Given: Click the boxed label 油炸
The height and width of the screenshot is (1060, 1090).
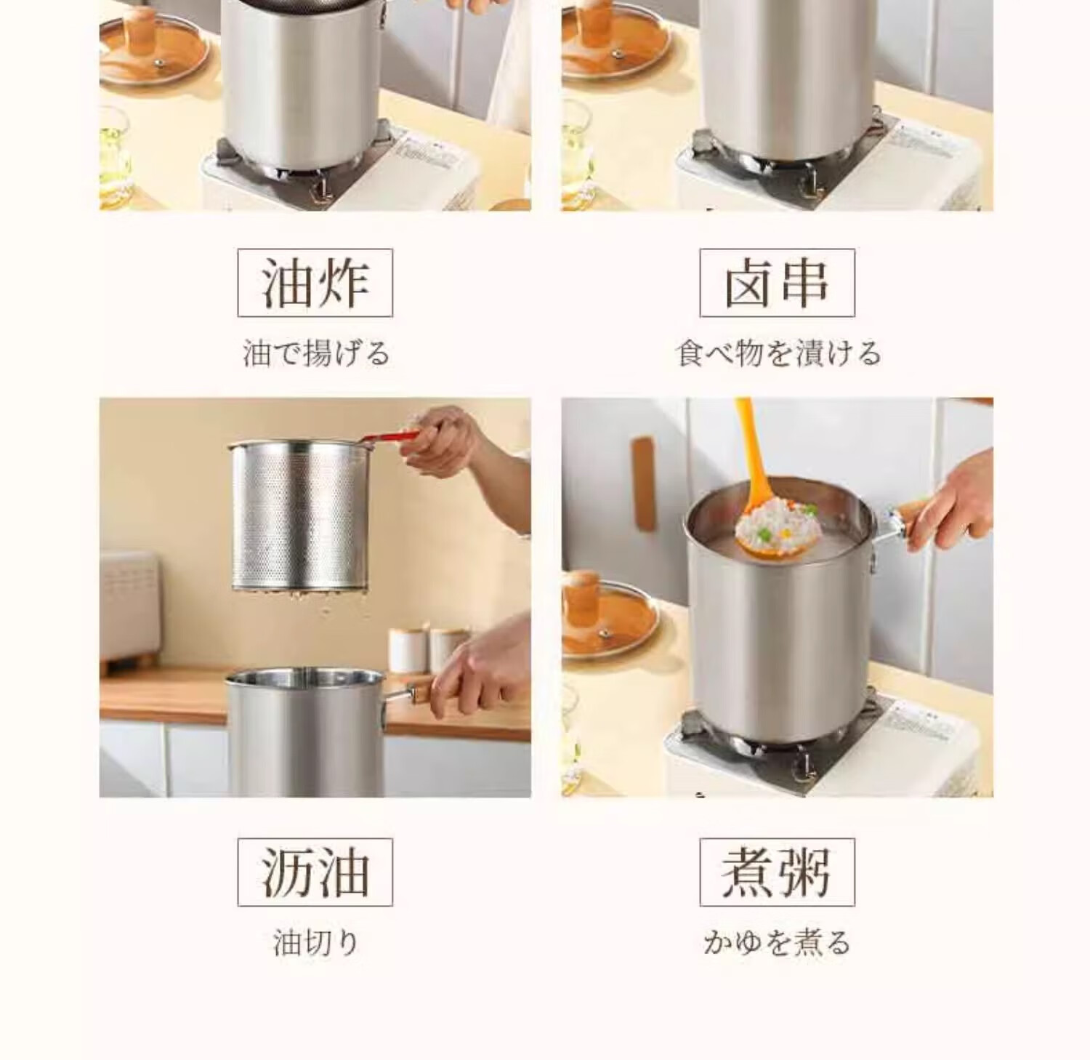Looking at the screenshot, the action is point(315,283).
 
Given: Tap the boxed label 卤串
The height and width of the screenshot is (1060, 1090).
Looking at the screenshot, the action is point(777,283).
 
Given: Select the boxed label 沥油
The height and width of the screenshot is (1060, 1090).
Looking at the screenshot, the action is point(315,872).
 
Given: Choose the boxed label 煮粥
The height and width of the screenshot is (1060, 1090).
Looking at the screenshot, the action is point(777,872).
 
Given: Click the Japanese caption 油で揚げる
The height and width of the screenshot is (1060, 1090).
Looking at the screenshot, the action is point(316,354).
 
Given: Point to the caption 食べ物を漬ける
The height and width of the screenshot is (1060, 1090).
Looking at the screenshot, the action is point(778,354).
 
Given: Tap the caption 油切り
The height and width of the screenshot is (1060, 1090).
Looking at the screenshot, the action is point(316,943).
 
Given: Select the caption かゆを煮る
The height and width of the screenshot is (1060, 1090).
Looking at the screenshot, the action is point(777,943).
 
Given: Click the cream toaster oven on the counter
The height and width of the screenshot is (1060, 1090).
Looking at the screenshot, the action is point(129,607).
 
